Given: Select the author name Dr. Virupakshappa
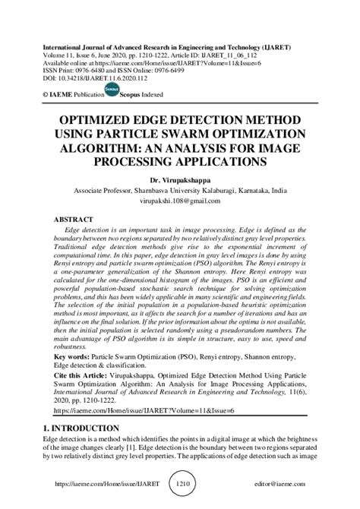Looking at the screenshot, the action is (180, 180).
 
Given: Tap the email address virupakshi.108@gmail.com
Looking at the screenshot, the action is (180, 201).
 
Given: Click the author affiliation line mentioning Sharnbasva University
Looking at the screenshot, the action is (180, 191).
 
